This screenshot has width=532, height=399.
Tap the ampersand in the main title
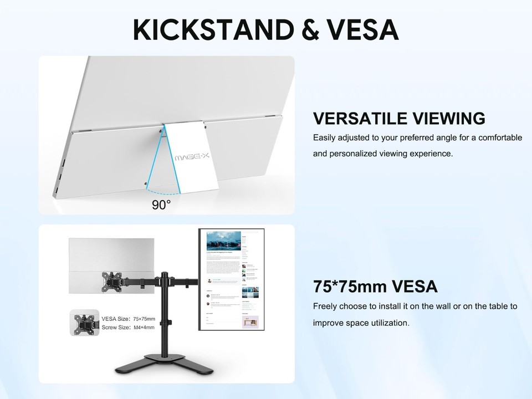(314, 29)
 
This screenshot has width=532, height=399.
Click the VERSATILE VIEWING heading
(399, 119)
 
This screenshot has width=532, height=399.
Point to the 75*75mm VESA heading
(375, 287)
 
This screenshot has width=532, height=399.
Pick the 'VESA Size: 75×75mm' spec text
(129, 319)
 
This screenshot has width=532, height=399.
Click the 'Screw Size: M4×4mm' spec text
(129, 328)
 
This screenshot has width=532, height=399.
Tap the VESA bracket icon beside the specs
(84, 323)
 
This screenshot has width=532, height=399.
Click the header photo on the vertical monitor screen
(223, 241)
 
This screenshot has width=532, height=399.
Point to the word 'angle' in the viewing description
(437, 137)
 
